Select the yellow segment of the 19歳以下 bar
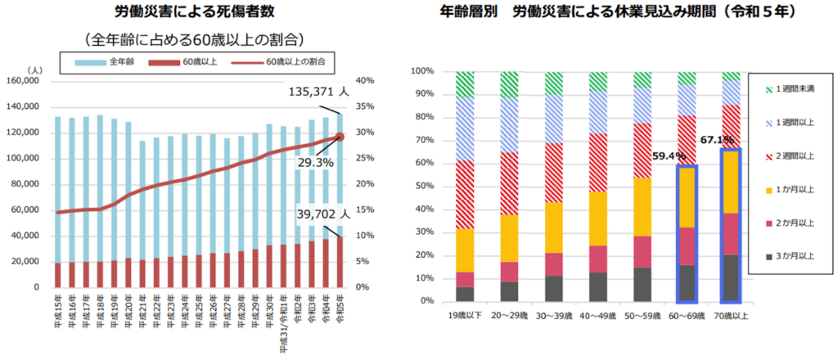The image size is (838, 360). click(x=465, y=250)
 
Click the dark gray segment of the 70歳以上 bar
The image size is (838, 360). click(x=730, y=278)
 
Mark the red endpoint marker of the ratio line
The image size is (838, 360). click(x=340, y=136)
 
